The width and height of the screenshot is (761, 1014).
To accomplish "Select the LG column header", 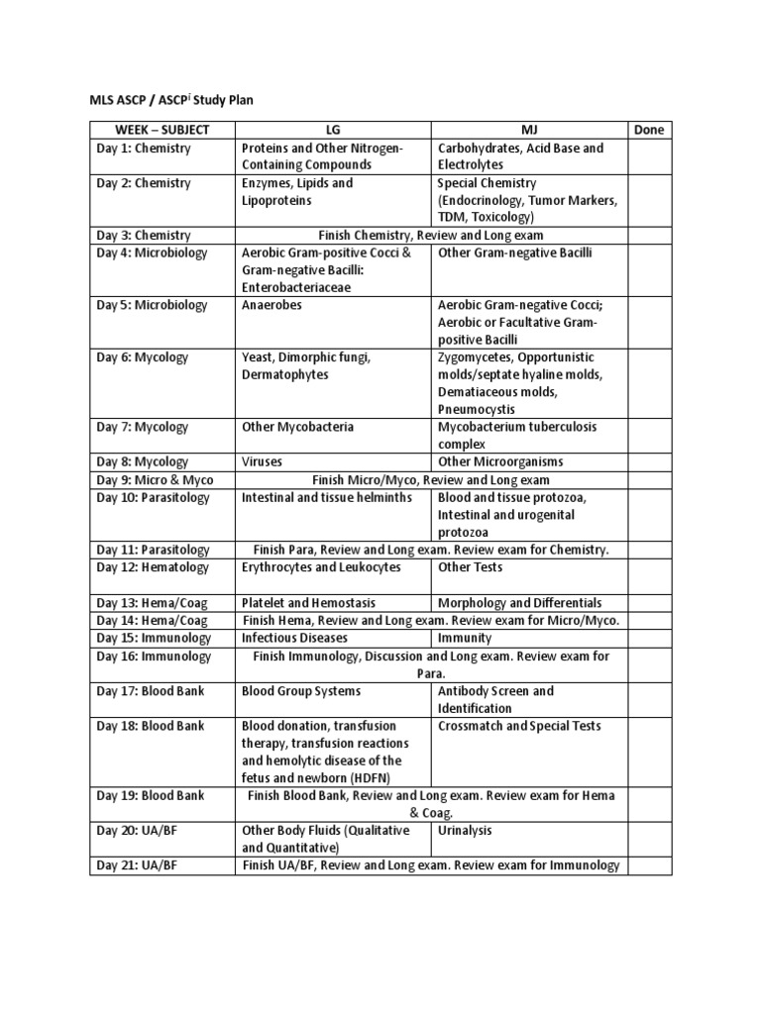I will tap(333, 130).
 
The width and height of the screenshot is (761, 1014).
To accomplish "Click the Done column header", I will tap(648, 130).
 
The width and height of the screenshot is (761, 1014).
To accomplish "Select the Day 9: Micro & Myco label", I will tap(154, 480).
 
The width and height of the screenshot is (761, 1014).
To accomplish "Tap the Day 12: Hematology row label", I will tap(153, 567).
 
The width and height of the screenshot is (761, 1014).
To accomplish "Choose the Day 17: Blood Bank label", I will tap(150, 691).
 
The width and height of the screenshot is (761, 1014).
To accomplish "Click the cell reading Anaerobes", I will tap(272, 305).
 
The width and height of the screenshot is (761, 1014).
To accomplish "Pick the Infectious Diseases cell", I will tap(296, 639).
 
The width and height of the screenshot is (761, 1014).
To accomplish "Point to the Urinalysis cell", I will tap(465, 831).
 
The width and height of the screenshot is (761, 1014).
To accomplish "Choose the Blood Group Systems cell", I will tap(301, 691).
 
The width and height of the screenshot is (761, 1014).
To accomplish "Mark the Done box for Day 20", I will tap(648, 839).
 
